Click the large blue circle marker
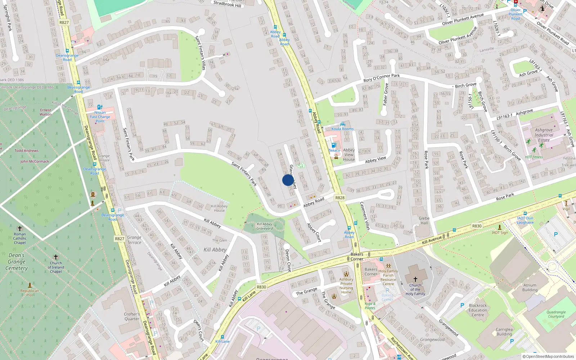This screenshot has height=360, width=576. tap(288, 180)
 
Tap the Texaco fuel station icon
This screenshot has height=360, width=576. tap(333, 145)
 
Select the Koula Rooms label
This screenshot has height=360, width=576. tap(342, 129)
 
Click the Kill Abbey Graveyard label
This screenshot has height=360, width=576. tap(265, 226)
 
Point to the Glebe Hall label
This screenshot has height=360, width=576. tap(424, 220)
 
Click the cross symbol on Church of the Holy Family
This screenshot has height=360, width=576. tap(415, 279)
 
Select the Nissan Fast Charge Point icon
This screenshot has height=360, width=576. tap(100, 107)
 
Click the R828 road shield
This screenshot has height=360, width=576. tap(340, 198)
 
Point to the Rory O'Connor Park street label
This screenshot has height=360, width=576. tap(382, 78)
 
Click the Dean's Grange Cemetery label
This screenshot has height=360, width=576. tap(17, 262)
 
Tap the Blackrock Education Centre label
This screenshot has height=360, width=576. tap(478, 310)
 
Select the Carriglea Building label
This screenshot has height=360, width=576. tap(504, 332)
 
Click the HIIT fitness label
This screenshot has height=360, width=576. tap(534, 157)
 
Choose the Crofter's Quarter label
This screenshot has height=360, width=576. tap(132, 316)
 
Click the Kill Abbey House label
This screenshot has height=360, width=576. tap(219, 208)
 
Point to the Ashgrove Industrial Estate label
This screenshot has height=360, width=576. tap(544, 135)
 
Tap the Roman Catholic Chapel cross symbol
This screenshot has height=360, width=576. tap(20, 228)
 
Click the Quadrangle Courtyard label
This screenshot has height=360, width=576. tap(556, 314)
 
